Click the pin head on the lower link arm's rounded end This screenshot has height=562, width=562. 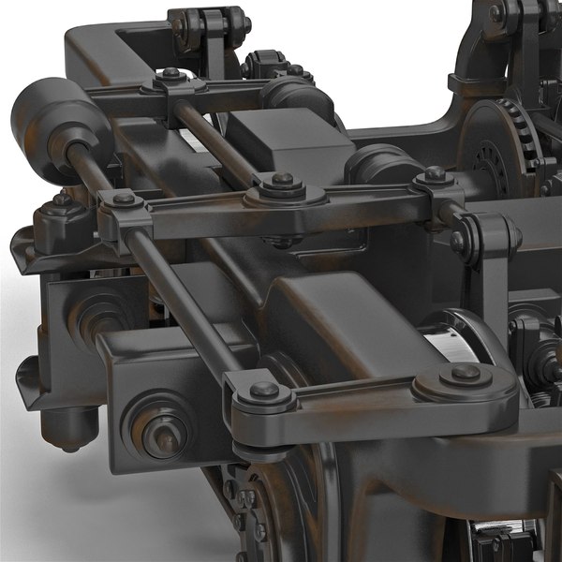(466, 373)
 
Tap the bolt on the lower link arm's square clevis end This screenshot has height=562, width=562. (264, 390)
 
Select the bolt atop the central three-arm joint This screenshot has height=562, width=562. (282, 180)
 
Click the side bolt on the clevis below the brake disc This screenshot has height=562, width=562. (458, 241)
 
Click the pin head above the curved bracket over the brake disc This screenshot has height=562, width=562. (495, 13)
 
